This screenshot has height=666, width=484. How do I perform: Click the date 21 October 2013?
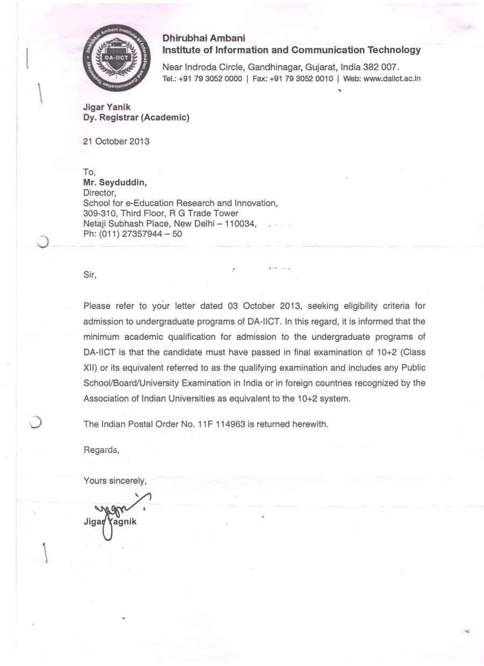click(116, 141)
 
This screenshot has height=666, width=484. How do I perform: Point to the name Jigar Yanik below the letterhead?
click(106, 107)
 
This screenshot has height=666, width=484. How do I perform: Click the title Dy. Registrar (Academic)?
click(136, 117)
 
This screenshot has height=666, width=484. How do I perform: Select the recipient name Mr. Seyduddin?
click(115, 182)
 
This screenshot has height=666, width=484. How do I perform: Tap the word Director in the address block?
click(99, 193)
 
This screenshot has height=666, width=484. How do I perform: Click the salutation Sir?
click(90, 274)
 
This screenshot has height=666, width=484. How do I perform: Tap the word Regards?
click(101, 450)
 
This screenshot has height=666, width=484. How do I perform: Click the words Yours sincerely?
click(115, 480)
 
